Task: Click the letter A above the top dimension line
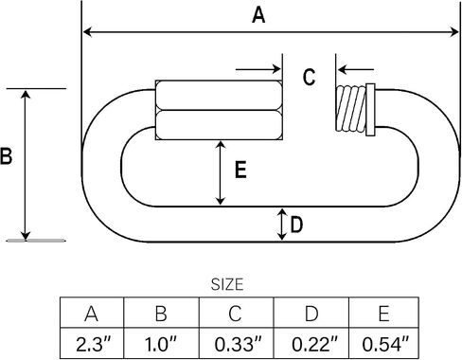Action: [x=258, y=15]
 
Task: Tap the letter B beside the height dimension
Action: [x=6, y=155]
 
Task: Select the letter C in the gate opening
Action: [x=309, y=77]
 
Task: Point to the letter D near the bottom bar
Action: [x=296, y=225]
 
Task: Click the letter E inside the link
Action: [x=240, y=170]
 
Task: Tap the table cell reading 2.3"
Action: [x=92, y=343]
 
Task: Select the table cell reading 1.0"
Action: [x=161, y=343]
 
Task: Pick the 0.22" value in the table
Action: [x=314, y=344]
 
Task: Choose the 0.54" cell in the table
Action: [x=384, y=343]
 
